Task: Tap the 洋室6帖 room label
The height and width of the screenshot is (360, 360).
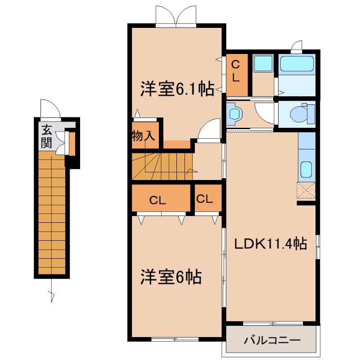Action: click(x=170, y=276)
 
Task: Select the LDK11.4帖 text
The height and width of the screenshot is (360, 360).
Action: click(x=270, y=244)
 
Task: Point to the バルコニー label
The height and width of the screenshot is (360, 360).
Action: click(x=272, y=340)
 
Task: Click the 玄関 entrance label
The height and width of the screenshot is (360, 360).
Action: click(x=46, y=137)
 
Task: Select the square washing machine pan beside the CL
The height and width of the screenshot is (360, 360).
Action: click(x=263, y=63)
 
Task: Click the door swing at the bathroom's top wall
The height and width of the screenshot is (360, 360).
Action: click(x=298, y=45)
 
